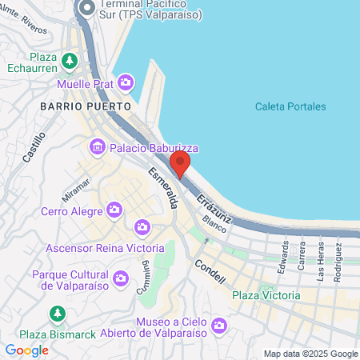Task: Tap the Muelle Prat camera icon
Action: tap(126, 82)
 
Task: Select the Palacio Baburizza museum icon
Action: tap(98, 147)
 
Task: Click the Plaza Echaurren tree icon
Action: tap(70, 59)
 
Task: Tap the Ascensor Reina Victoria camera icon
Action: tap(142, 228)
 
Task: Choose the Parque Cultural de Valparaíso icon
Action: tap(121, 278)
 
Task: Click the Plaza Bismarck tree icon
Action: tap(57, 314)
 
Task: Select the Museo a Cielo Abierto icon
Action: tap(220, 326)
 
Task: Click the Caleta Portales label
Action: tap(290, 106)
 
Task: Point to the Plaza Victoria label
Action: tap(266, 295)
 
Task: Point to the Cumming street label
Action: tap(142, 281)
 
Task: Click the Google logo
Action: tap(26, 350)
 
